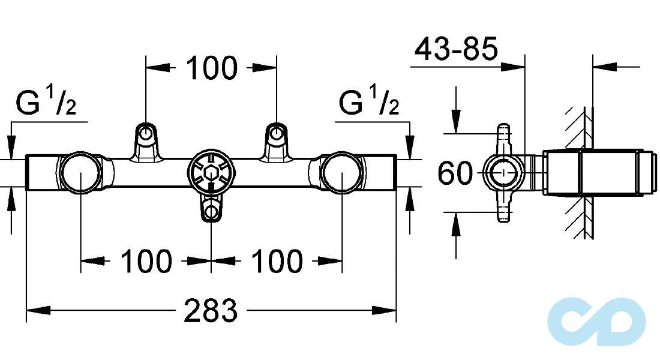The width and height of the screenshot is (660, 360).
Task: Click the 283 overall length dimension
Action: coord(211,311)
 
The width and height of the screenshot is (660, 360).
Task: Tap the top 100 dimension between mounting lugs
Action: coord(212,68)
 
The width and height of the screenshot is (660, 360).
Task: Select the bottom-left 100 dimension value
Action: coord(146,262)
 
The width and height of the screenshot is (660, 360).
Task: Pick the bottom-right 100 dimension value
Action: coord(277,262)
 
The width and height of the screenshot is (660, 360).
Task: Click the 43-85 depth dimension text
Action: coord(456,49)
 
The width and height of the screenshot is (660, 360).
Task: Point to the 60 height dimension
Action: coord(455,173)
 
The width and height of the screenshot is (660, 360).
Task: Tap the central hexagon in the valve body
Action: coord(211,173)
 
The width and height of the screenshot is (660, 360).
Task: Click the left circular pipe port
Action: coord(80,173)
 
